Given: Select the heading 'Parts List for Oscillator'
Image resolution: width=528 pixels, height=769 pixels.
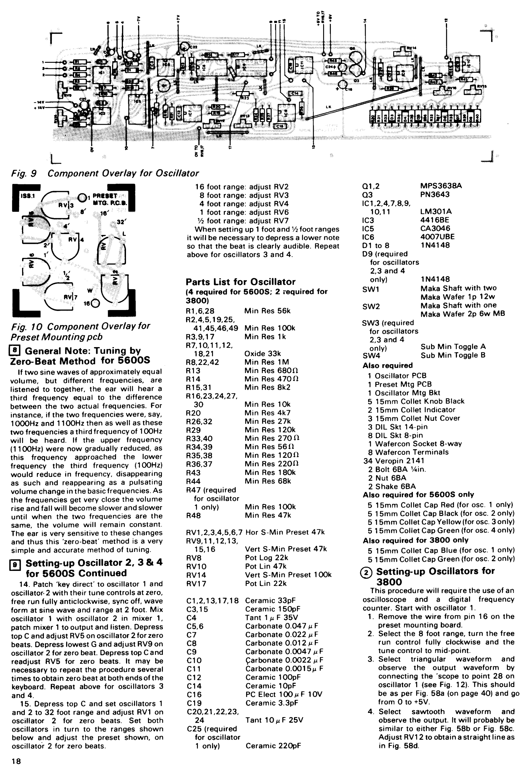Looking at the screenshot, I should pyautogui.click(x=240, y=282).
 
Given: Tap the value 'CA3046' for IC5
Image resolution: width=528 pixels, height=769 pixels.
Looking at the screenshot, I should pyautogui.click(x=435, y=228).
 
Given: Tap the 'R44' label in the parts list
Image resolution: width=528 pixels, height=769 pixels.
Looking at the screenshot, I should pyautogui.click(x=193, y=481).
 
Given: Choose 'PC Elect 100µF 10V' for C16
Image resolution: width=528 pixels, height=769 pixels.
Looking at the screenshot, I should pyautogui.click(x=284, y=694).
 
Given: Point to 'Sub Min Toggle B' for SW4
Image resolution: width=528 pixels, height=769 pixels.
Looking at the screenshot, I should pyautogui.click(x=453, y=355).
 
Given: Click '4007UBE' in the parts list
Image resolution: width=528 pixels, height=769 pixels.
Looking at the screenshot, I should pyautogui.click(x=437, y=237).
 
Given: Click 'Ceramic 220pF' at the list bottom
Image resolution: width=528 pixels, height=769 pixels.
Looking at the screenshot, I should pyautogui.click(x=273, y=746).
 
